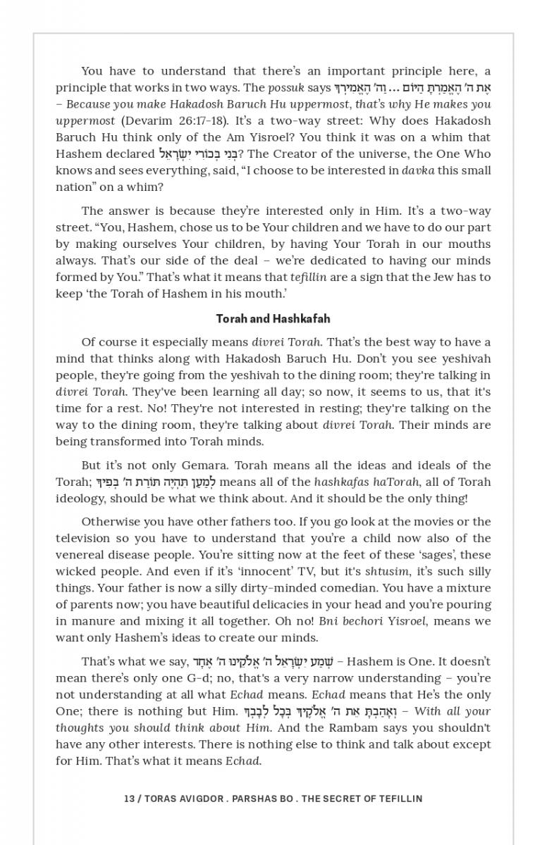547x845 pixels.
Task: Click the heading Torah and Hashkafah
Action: tap(273, 319)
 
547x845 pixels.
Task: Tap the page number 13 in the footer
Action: tap(128, 799)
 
